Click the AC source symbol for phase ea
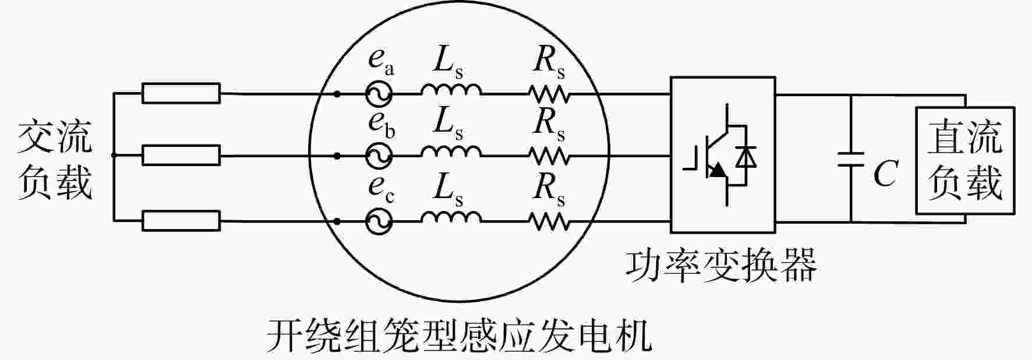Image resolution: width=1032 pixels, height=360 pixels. coord(379,94)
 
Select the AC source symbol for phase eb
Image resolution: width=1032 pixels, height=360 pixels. coord(379,156)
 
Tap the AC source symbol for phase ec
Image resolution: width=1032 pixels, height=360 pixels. coord(379,221)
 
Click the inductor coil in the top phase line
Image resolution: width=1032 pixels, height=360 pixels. coord(451,89)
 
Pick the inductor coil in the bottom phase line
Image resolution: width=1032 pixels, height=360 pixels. coord(451,217)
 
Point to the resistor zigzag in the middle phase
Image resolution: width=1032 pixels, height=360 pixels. coord(549,155)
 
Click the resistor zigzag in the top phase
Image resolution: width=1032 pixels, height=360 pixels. coord(549,93)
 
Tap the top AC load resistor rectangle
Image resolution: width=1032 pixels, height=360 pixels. coord(181,93)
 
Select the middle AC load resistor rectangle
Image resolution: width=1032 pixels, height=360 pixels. coord(181,156)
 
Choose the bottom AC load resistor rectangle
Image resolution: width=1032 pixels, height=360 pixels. coord(181,221)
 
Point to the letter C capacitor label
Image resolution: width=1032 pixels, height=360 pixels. coord(885,173)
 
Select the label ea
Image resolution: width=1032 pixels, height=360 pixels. coord(381,61)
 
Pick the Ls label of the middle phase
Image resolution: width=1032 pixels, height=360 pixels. coord(448,124)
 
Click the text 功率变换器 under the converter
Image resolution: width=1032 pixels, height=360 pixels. coord(721,265)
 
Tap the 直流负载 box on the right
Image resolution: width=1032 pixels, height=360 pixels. coord(965,160)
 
